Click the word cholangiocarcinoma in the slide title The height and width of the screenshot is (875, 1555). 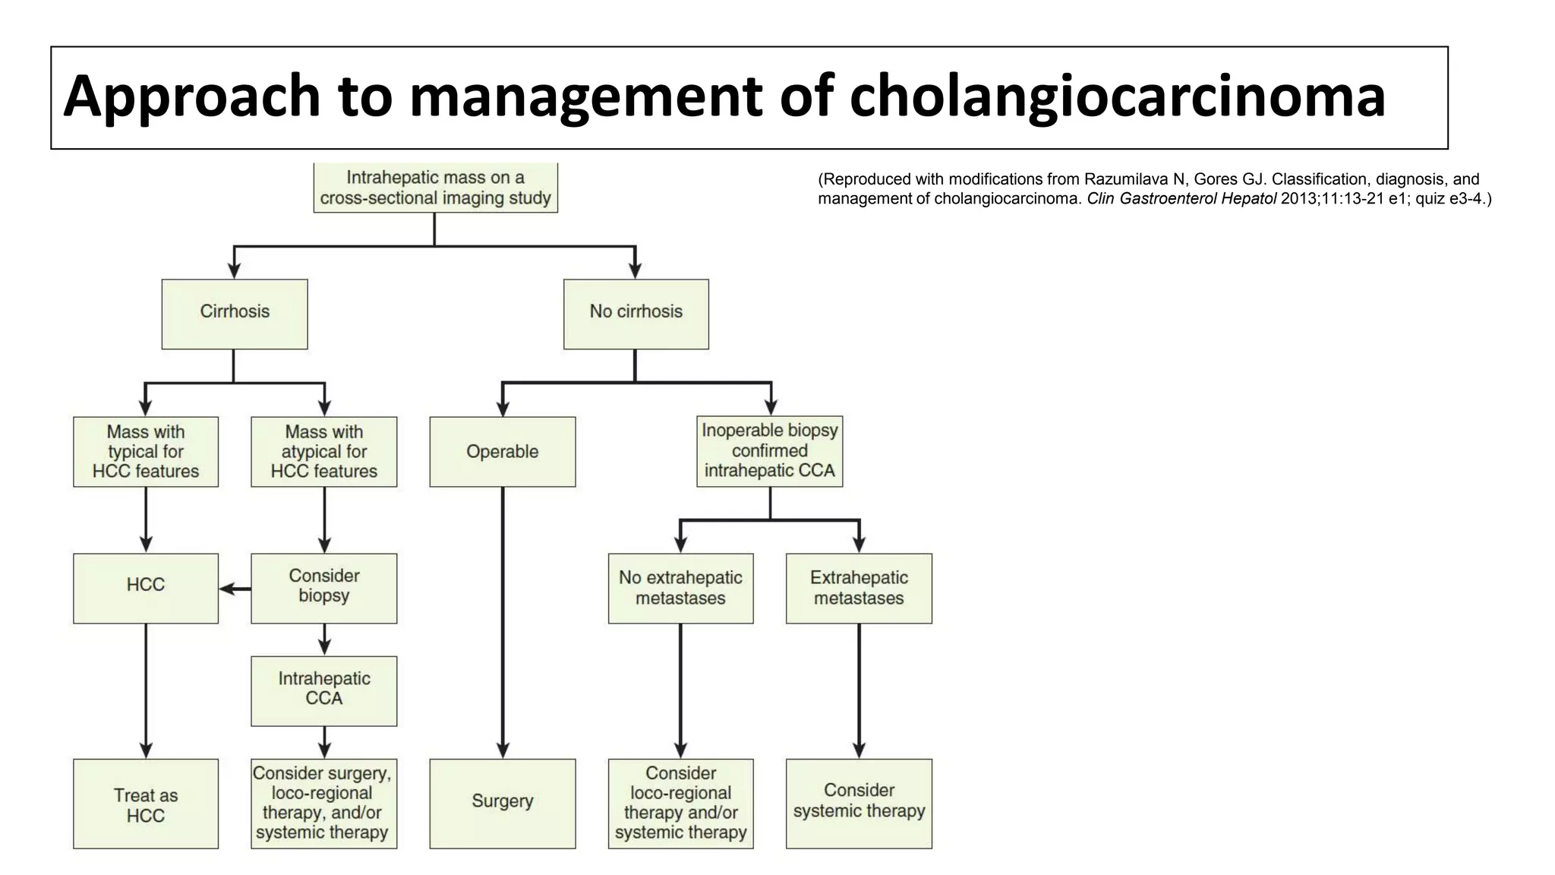click(x=1117, y=96)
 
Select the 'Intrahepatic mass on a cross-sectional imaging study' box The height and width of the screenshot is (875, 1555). click(x=435, y=188)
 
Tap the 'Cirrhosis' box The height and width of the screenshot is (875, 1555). click(x=235, y=314)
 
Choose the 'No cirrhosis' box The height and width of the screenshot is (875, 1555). click(x=636, y=314)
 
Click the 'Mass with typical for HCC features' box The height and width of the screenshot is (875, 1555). click(x=146, y=451)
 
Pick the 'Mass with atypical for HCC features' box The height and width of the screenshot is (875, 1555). click(x=324, y=451)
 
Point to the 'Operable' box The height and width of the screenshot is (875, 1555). click(x=503, y=451)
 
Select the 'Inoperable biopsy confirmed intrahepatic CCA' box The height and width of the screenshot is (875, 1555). click(x=770, y=450)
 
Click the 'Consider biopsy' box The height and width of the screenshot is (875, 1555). click(x=324, y=588)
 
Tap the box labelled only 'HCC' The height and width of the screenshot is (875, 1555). click(x=146, y=588)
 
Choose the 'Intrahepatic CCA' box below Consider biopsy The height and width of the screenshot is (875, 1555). click(x=324, y=690)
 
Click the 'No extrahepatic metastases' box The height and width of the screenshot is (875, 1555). click(x=680, y=588)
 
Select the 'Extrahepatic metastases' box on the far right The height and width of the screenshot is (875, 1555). click(x=859, y=588)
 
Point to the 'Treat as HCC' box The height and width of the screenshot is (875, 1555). click(x=146, y=804)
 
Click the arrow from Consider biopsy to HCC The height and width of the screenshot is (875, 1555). click(x=235, y=589)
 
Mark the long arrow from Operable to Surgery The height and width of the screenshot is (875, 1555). click(x=503, y=623)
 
